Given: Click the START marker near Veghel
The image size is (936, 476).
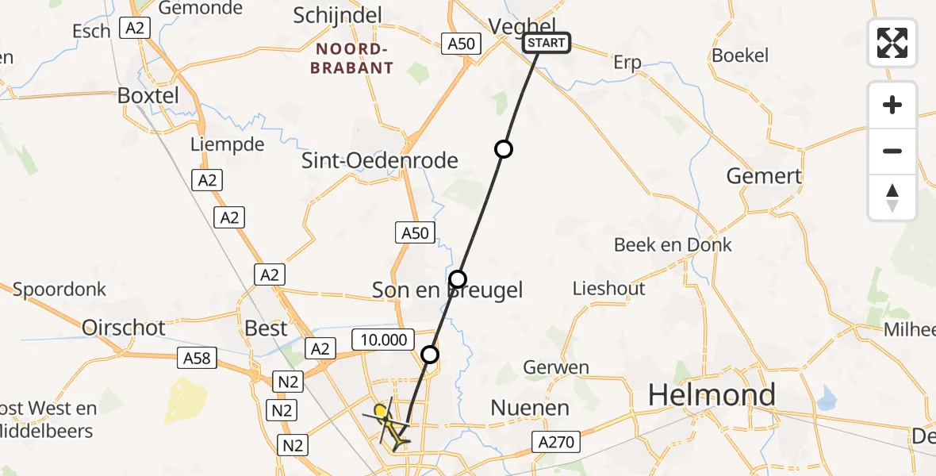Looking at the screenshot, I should [x=546, y=43].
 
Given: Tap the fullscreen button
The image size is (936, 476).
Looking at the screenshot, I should [x=892, y=43].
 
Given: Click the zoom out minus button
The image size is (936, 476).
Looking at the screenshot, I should [x=892, y=151].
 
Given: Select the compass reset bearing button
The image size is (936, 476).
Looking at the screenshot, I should [x=892, y=198].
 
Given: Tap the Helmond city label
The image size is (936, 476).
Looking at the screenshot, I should [x=712, y=395].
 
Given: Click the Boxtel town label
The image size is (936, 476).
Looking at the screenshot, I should [x=148, y=95].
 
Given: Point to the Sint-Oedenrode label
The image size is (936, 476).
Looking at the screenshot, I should [x=380, y=161].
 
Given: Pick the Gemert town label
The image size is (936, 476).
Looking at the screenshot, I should [x=764, y=176].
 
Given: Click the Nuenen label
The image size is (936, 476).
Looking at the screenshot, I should [x=530, y=409].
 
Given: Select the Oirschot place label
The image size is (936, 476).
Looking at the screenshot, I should [x=124, y=327].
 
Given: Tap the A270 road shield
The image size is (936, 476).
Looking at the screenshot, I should [x=558, y=442].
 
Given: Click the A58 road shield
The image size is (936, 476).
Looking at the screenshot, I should [x=197, y=359].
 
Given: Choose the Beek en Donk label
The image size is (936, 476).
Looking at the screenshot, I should [x=673, y=245].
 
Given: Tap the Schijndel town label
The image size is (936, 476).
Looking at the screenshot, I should [x=337, y=15].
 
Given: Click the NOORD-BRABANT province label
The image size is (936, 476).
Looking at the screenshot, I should [x=353, y=59].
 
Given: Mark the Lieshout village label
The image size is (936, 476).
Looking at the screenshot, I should [x=608, y=289].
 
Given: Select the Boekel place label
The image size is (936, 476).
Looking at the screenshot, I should [x=740, y=56].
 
